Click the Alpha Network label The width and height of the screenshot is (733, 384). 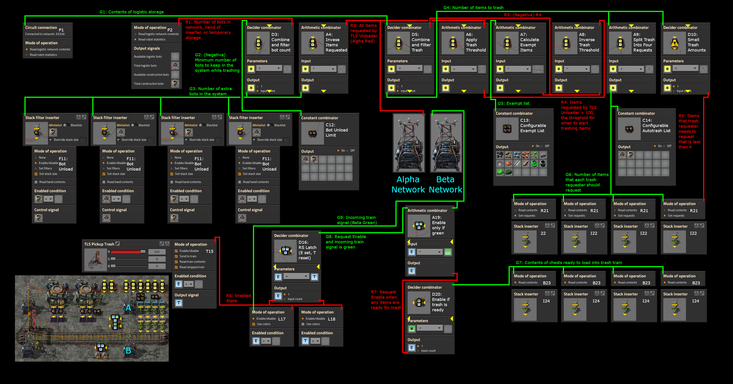[x=408, y=184]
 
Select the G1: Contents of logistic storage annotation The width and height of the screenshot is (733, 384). [x=131, y=12]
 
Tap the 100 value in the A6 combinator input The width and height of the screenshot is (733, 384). [x=482, y=69]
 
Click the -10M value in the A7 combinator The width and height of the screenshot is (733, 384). [x=538, y=69]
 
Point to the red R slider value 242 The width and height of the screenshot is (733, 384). [x=157, y=252]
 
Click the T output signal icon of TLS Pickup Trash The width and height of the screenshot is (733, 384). [x=179, y=303]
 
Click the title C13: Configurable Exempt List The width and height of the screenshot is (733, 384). [x=533, y=126]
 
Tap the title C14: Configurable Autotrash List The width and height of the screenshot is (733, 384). [x=656, y=126]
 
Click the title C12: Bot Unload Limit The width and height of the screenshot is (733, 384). [x=337, y=130]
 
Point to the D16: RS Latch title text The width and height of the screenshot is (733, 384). [x=307, y=250]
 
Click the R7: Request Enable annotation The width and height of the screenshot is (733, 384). [x=386, y=300]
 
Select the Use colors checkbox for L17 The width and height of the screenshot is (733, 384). [x=254, y=324]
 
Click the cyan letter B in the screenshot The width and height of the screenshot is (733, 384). [x=128, y=351]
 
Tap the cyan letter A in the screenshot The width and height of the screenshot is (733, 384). [x=128, y=308]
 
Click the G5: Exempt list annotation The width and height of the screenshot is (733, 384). [x=513, y=103]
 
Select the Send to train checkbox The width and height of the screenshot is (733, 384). [x=176, y=256]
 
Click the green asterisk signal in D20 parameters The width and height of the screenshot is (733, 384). [x=412, y=329]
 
